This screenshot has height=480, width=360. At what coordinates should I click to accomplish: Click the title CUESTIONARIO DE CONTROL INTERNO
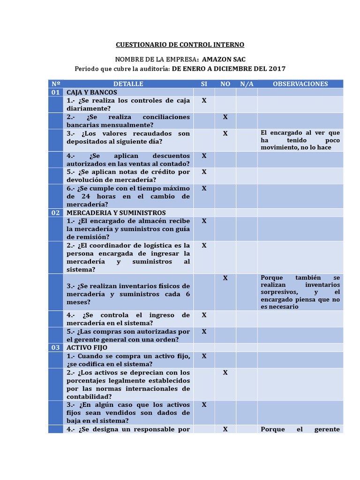pos(180,45)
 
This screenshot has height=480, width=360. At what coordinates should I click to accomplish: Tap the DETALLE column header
pos(128,84)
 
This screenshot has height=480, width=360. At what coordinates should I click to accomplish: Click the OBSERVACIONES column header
pos(300,84)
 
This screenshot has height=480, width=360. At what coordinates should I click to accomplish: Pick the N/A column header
pos(247,84)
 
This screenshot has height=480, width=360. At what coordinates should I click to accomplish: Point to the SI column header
pos(204,84)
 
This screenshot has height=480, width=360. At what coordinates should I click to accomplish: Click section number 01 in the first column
pos(56,92)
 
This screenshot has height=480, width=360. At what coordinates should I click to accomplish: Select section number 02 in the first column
pos(56,212)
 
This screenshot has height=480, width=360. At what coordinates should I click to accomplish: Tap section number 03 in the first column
pos(56,347)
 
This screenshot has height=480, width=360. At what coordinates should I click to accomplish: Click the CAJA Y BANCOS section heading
pos(92,92)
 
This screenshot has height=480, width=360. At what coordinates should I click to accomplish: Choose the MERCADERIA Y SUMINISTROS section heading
pos(116,212)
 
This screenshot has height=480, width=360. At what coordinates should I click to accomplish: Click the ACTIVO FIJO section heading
pos(87,347)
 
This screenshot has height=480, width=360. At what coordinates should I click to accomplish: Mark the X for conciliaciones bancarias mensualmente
pos(225,117)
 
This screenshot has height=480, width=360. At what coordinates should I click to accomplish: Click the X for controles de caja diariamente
pos(204,100)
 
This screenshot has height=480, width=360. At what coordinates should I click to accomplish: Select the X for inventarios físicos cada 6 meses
pos(225,278)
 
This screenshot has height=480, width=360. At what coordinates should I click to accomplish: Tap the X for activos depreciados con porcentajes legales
pos(225,372)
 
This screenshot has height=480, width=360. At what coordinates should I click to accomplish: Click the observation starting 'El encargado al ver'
pos(300,140)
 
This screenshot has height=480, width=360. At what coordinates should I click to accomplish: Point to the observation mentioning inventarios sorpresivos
pos(300,292)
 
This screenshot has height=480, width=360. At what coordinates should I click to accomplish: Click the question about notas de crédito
pos(128,176)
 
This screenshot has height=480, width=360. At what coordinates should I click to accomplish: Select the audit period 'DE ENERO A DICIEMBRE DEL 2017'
pos(229,69)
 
